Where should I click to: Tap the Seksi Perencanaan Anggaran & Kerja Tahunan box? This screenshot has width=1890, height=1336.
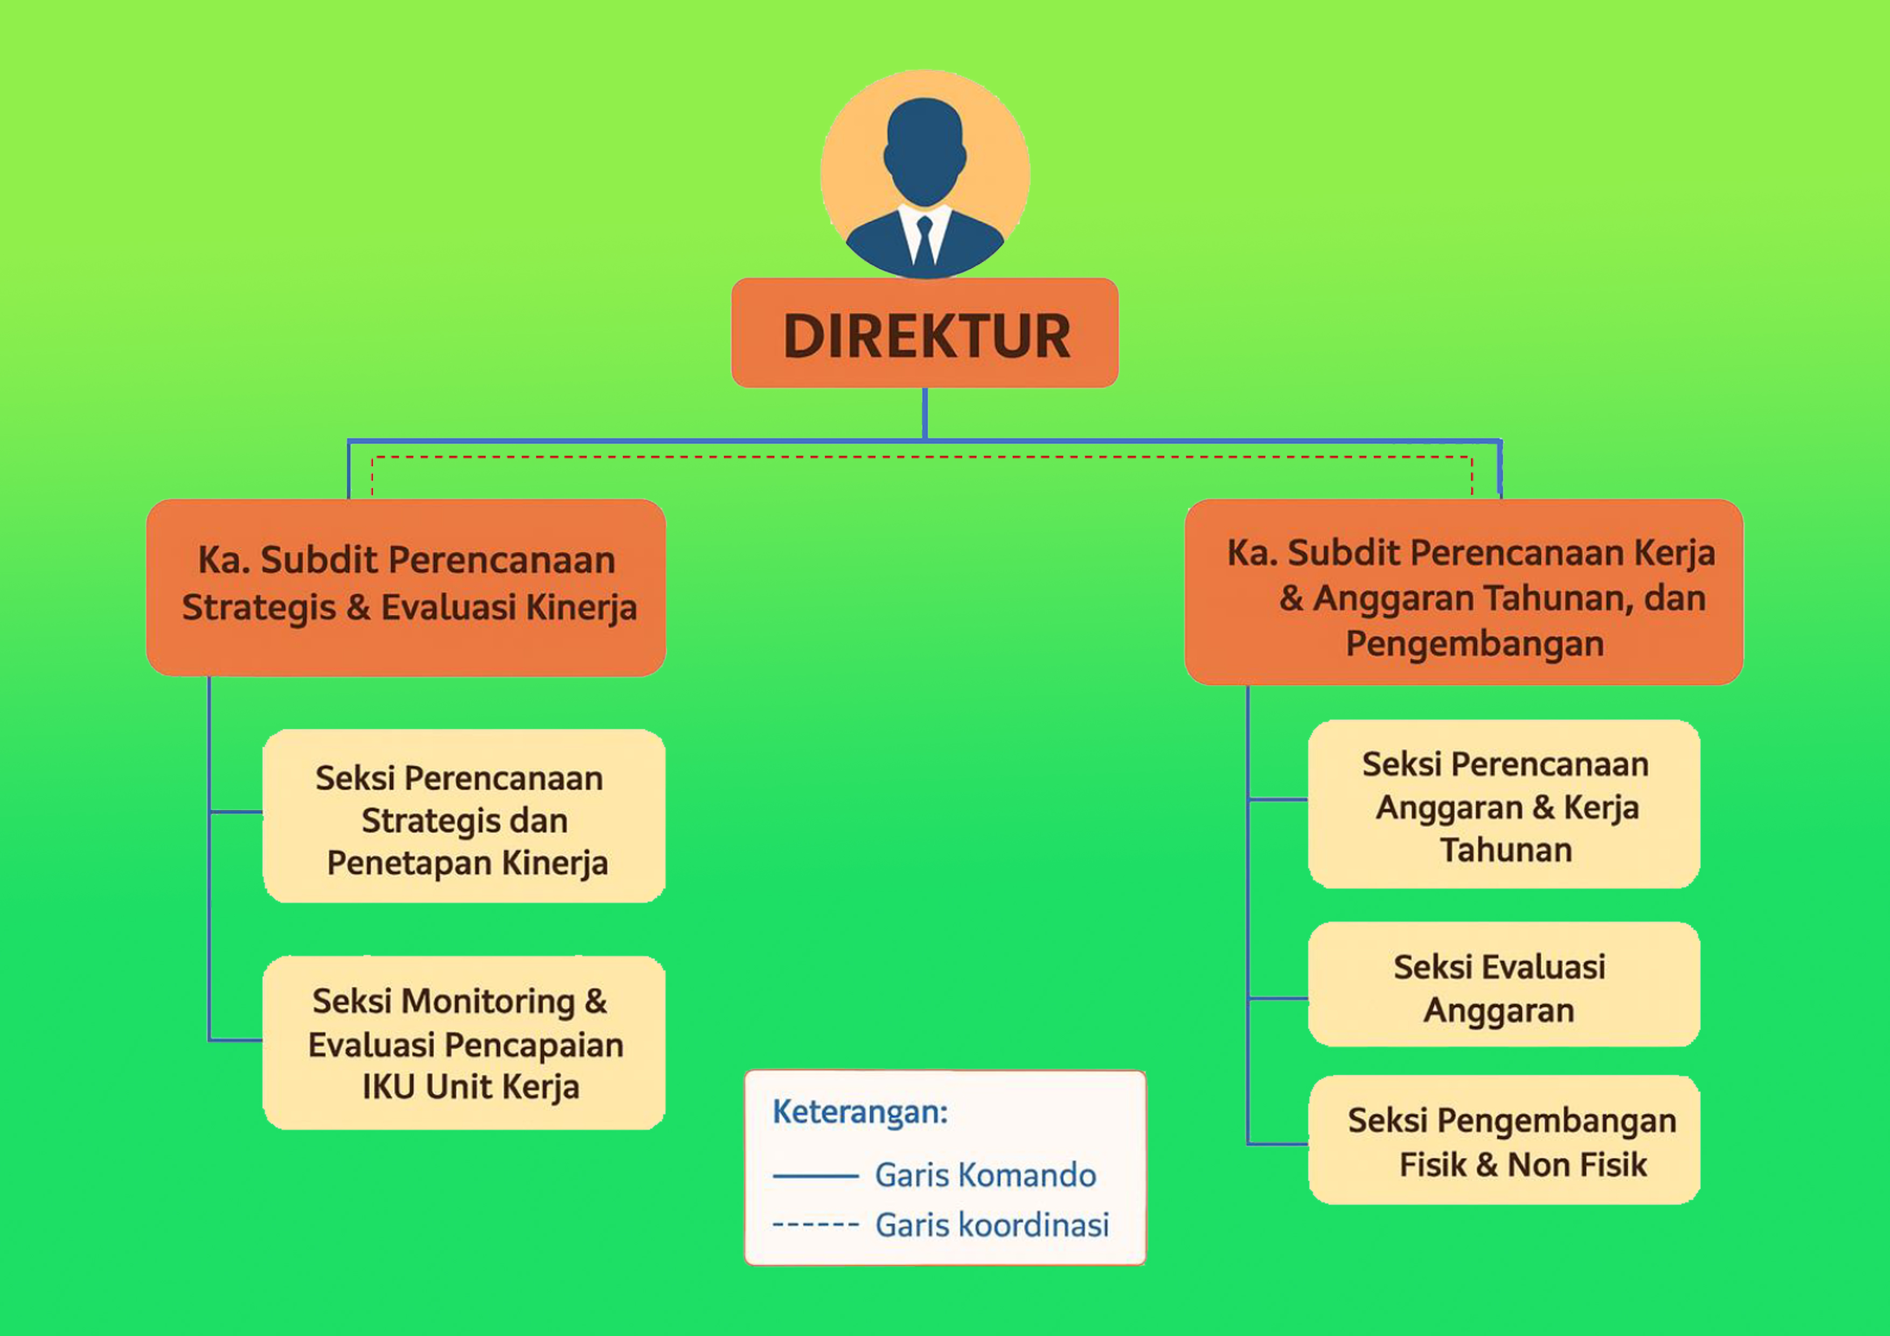[x=1504, y=804]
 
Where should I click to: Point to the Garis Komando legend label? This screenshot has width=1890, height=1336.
[x=985, y=1175]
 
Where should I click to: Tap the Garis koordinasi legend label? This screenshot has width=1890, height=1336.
[x=992, y=1225]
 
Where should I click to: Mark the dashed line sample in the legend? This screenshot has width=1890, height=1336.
[x=816, y=1226]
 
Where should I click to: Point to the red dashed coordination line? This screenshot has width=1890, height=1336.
[x=922, y=457]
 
